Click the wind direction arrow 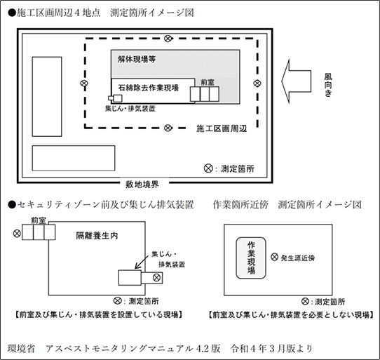(x=296, y=81)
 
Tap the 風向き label (x=328, y=85)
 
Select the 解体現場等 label (x=137, y=59)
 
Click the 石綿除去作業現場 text (x=149, y=88)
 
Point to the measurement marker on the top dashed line (x=168, y=39)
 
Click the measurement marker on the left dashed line (x=84, y=84)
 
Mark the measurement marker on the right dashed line (x=257, y=84)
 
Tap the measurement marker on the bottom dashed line (x=168, y=128)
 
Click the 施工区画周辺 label (x=222, y=128)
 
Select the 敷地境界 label (x=142, y=185)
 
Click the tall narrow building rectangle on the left (x=47, y=97)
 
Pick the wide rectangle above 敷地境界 (x=74, y=158)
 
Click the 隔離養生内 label (x=97, y=236)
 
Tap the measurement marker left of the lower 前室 (x=17, y=234)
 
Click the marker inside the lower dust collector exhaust (x=156, y=277)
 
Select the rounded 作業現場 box (x=251, y=258)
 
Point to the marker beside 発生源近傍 (x=274, y=257)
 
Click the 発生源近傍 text (x=298, y=258)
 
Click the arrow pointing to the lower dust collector (x=142, y=262)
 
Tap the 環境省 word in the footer (x=21, y=349)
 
